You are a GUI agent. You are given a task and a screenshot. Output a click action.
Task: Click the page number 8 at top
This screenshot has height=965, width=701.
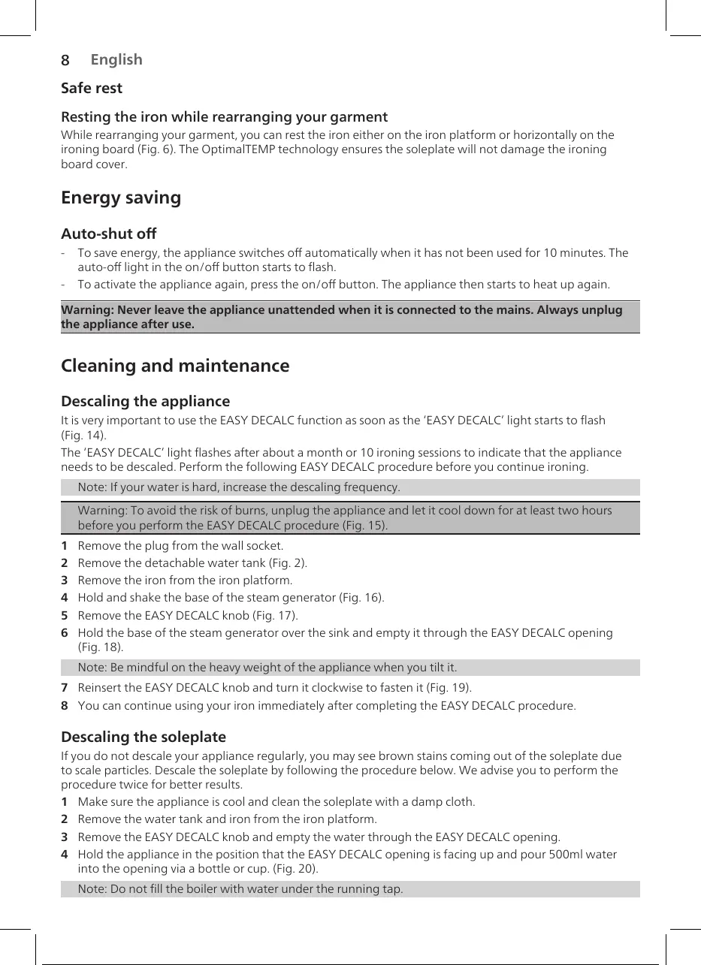click(x=65, y=60)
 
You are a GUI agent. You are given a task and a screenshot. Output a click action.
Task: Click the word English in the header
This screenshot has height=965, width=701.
click(x=116, y=59)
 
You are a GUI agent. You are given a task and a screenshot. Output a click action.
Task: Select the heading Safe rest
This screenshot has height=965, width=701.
click(x=92, y=88)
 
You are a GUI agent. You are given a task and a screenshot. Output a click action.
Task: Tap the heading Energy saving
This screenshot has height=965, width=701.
click(x=121, y=198)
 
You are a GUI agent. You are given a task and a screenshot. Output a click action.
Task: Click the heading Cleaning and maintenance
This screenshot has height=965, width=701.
click(x=175, y=366)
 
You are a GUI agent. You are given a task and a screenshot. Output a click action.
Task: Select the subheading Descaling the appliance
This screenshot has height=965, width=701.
click(x=146, y=401)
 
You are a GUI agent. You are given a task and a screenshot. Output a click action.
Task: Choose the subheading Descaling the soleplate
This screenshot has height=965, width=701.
click(x=144, y=737)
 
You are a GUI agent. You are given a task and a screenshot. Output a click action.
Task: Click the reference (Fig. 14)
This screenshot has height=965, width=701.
click(x=74, y=436)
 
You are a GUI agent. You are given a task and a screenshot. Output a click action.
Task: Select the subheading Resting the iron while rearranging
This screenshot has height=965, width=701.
click(x=225, y=117)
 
